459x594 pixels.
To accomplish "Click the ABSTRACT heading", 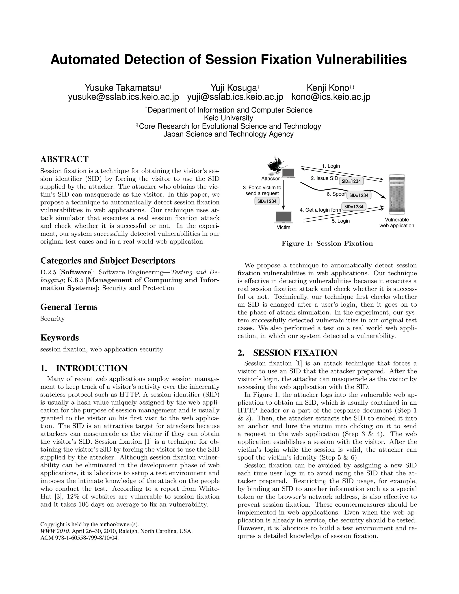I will (x=65, y=159).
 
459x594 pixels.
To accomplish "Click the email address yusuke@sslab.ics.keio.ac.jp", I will (x=123, y=97).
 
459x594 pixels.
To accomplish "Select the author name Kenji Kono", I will (x=327, y=88).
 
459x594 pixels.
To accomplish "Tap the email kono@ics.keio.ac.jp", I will (x=331, y=97).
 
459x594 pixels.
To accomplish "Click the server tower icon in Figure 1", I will (x=397, y=194).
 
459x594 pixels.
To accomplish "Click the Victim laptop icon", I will (x=284, y=218).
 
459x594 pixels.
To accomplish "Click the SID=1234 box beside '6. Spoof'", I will (x=359, y=195).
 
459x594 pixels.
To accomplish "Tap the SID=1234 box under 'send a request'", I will (x=267, y=201).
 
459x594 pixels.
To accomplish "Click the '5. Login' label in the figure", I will (x=340, y=221).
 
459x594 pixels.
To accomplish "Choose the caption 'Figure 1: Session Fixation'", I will (x=327, y=243).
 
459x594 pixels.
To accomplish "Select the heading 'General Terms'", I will (x=69, y=307).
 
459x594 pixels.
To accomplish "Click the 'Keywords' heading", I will (x=60, y=338).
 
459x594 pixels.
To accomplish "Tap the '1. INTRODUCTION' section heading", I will (x=84, y=368).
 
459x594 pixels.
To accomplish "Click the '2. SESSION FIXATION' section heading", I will (x=287, y=353).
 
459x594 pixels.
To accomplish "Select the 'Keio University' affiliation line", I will (x=228, y=118).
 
